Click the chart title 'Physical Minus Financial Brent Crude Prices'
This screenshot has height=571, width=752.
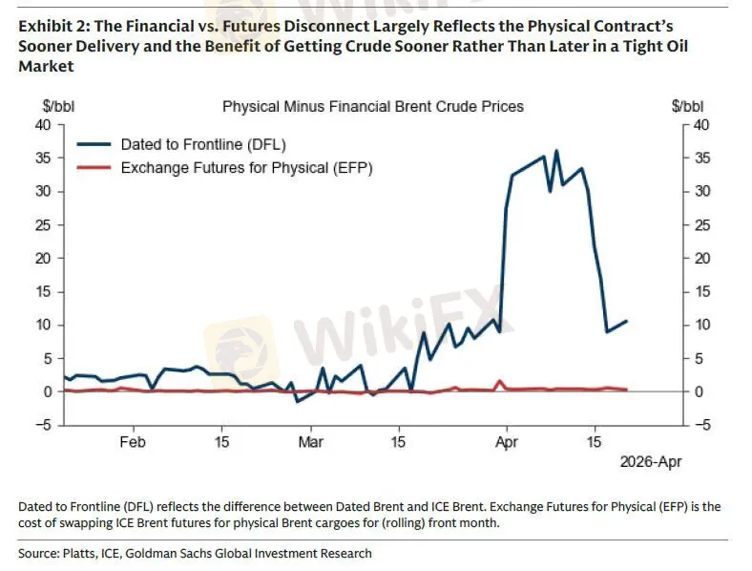[x=372, y=107]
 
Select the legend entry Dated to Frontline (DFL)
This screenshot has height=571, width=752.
[x=202, y=145]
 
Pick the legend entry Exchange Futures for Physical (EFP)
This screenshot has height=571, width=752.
[x=245, y=168]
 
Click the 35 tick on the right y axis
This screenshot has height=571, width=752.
[x=702, y=159]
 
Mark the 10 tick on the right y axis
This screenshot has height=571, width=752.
[x=702, y=326]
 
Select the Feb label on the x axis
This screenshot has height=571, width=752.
[x=133, y=442]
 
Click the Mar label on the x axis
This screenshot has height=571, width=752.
[x=310, y=442]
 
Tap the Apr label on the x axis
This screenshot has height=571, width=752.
[x=506, y=442]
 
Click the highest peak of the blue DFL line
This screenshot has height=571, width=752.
[x=556, y=151]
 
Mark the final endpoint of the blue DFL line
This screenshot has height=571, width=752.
[x=626, y=321]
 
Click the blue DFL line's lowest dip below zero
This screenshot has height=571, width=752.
[x=297, y=401]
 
